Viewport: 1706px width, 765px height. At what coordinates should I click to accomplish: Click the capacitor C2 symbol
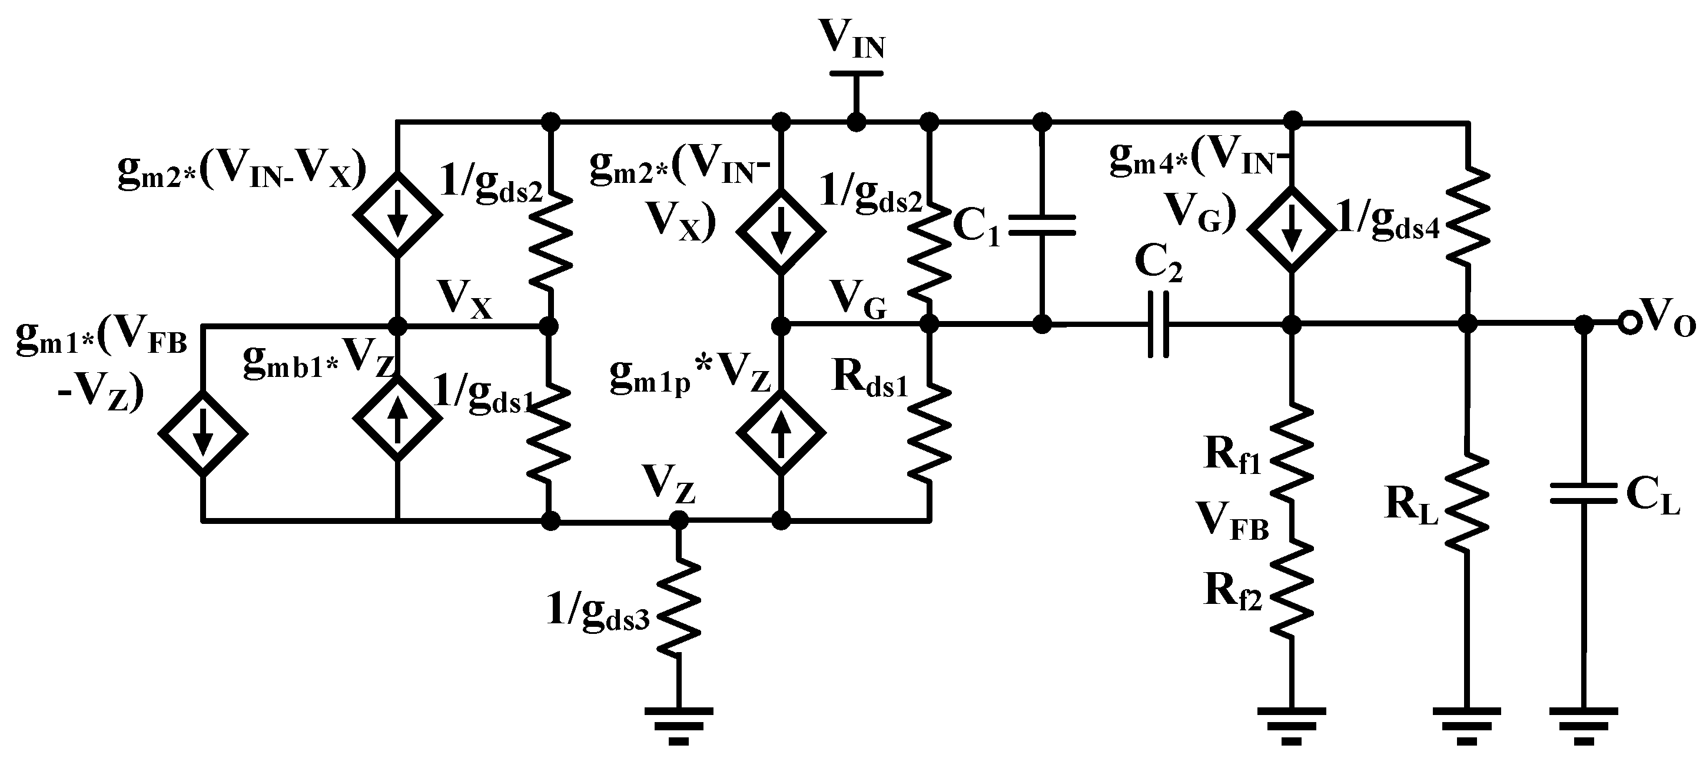coord(1157,324)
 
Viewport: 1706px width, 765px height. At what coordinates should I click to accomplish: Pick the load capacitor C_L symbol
coord(1584,493)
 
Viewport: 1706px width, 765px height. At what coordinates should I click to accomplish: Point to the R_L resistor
coord(1468,500)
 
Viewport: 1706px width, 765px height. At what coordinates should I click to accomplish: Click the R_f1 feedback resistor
coord(1292,453)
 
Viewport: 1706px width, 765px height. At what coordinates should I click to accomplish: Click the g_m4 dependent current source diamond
coord(1291,229)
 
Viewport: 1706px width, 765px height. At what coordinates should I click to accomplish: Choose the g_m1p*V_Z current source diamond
coord(782,432)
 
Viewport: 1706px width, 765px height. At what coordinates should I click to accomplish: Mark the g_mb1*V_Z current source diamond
coord(397,419)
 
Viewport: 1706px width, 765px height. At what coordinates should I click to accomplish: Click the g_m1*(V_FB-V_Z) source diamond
coord(203,433)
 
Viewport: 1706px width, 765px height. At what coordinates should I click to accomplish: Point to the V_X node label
coord(464,300)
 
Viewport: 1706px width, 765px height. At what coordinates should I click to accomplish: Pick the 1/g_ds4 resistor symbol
coord(1468,215)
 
